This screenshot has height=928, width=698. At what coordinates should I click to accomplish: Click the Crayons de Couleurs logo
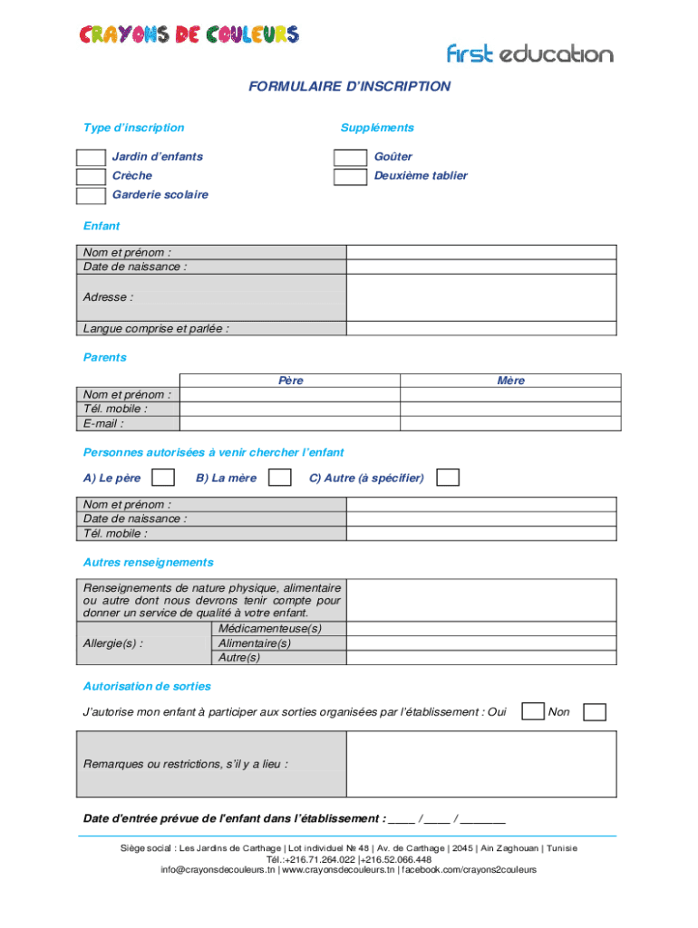click(x=189, y=35)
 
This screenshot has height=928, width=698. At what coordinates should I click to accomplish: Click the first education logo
click(x=529, y=54)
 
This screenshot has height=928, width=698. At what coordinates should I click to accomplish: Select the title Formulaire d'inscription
click(x=349, y=87)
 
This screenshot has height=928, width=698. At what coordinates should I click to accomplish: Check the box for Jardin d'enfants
click(x=91, y=158)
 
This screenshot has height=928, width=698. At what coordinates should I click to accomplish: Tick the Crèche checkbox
click(x=91, y=177)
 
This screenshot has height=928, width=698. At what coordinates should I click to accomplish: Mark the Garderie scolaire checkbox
click(x=91, y=196)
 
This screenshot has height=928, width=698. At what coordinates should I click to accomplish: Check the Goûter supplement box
click(x=350, y=158)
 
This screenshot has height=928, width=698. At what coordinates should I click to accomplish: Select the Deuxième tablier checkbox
click(x=350, y=177)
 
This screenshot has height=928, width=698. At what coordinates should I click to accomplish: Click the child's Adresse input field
click(x=481, y=296)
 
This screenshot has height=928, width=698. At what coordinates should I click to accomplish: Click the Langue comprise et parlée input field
click(x=481, y=328)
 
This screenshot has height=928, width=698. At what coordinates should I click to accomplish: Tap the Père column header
click(x=290, y=381)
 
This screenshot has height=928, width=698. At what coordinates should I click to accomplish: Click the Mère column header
click(x=510, y=381)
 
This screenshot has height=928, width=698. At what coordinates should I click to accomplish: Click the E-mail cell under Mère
click(x=510, y=423)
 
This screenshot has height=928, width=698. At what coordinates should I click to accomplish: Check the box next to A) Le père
click(x=163, y=478)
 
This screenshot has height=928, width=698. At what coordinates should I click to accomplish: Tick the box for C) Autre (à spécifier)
click(x=448, y=478)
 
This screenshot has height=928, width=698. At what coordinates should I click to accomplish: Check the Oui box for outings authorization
click(x=534, y=712)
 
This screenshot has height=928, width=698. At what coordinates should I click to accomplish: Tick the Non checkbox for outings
click(x=595, y=712)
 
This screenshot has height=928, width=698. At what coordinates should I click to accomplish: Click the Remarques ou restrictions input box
click(x=481, y=764)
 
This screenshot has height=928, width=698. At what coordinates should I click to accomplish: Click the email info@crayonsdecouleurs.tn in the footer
click(x=218, y=870)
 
